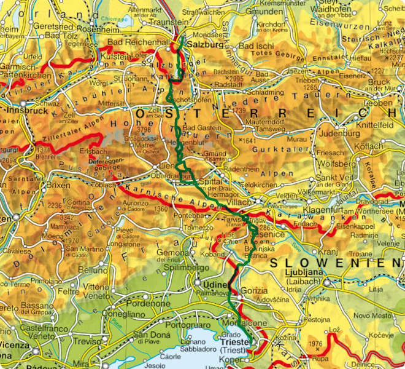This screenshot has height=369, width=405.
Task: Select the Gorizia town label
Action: [253, 291]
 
